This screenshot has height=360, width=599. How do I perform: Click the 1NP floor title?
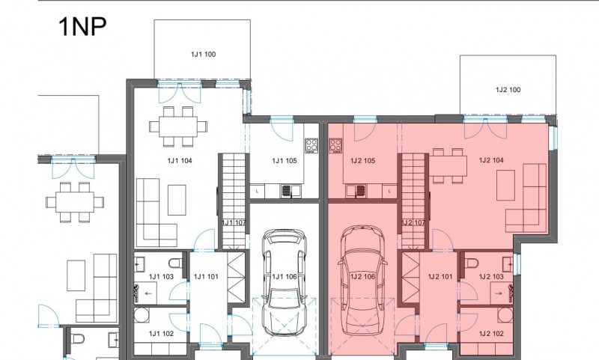(x=82, y=27)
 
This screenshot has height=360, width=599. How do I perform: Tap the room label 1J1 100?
(x=203, y=54)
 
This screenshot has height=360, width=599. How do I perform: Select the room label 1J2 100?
(x=508, y=90)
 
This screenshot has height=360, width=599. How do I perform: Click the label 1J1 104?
(x=180, y=161)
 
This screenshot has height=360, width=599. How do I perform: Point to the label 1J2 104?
(x=491, y=160)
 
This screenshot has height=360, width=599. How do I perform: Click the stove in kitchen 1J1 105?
(x=311, y=146)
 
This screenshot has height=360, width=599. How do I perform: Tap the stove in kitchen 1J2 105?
(x=335, y=146)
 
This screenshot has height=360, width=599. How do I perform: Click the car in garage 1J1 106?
(x=285, y=282)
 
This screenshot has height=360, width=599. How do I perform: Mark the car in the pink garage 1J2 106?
(x=362, y=280)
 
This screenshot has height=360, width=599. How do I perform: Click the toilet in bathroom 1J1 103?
(x=177, y=263)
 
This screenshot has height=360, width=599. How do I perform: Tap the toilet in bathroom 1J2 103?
(x=472, y=263)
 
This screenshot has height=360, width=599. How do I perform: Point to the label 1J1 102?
(x=161, y=334)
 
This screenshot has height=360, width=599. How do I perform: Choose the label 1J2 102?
(x=491, y=334)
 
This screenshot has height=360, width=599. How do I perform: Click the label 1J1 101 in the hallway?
(x=206, y=276)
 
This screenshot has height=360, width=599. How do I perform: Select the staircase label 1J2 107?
(x=413, y=222)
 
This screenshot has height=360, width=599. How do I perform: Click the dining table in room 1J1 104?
(x=178, y=126)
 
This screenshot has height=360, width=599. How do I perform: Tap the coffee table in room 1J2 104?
(x=505, y=185)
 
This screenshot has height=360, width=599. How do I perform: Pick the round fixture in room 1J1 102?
(x=142, y=315)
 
